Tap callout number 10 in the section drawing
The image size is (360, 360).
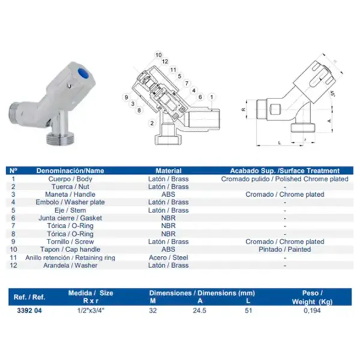click(x=158, y=55)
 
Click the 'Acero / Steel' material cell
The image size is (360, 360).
click(x=169, y=257)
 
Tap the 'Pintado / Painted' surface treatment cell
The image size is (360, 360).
click(x=284, y=250)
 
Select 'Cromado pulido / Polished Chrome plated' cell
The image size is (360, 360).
click(x=284, y=179)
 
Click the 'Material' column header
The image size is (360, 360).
click(x=169, y=170)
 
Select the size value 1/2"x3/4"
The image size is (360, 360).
click(x=90, y=311)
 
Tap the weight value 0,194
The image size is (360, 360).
click(x=311, y=311)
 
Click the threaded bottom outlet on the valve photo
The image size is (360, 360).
click(x=61, y=140)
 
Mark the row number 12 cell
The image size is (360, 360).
click(x=13, y=265)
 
